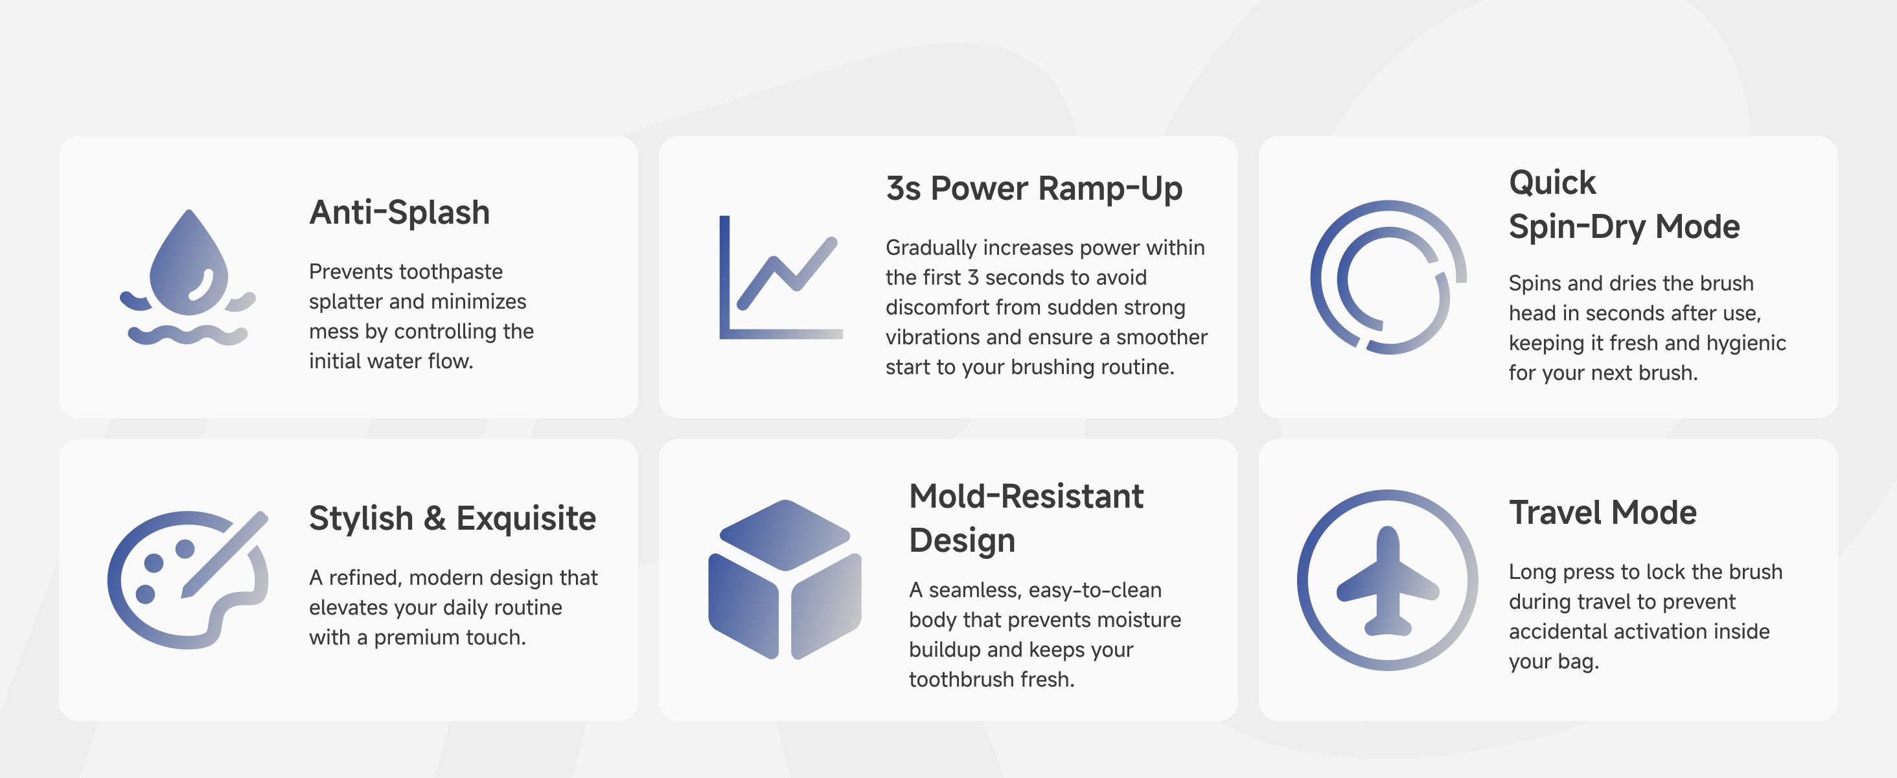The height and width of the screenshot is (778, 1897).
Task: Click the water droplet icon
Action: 189,265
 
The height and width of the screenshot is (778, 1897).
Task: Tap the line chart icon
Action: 781,277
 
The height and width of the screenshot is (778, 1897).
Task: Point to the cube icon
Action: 785,579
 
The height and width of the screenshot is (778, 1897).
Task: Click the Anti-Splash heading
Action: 399,213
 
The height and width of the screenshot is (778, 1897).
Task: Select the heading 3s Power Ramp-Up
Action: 1034,189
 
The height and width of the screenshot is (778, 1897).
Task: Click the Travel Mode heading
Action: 1602,513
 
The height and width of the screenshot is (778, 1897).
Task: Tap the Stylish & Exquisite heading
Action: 452,519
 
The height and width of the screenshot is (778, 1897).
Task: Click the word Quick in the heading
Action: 1552,183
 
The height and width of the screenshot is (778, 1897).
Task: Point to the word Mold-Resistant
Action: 1026,497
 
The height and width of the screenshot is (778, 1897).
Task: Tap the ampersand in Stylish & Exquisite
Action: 435,519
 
